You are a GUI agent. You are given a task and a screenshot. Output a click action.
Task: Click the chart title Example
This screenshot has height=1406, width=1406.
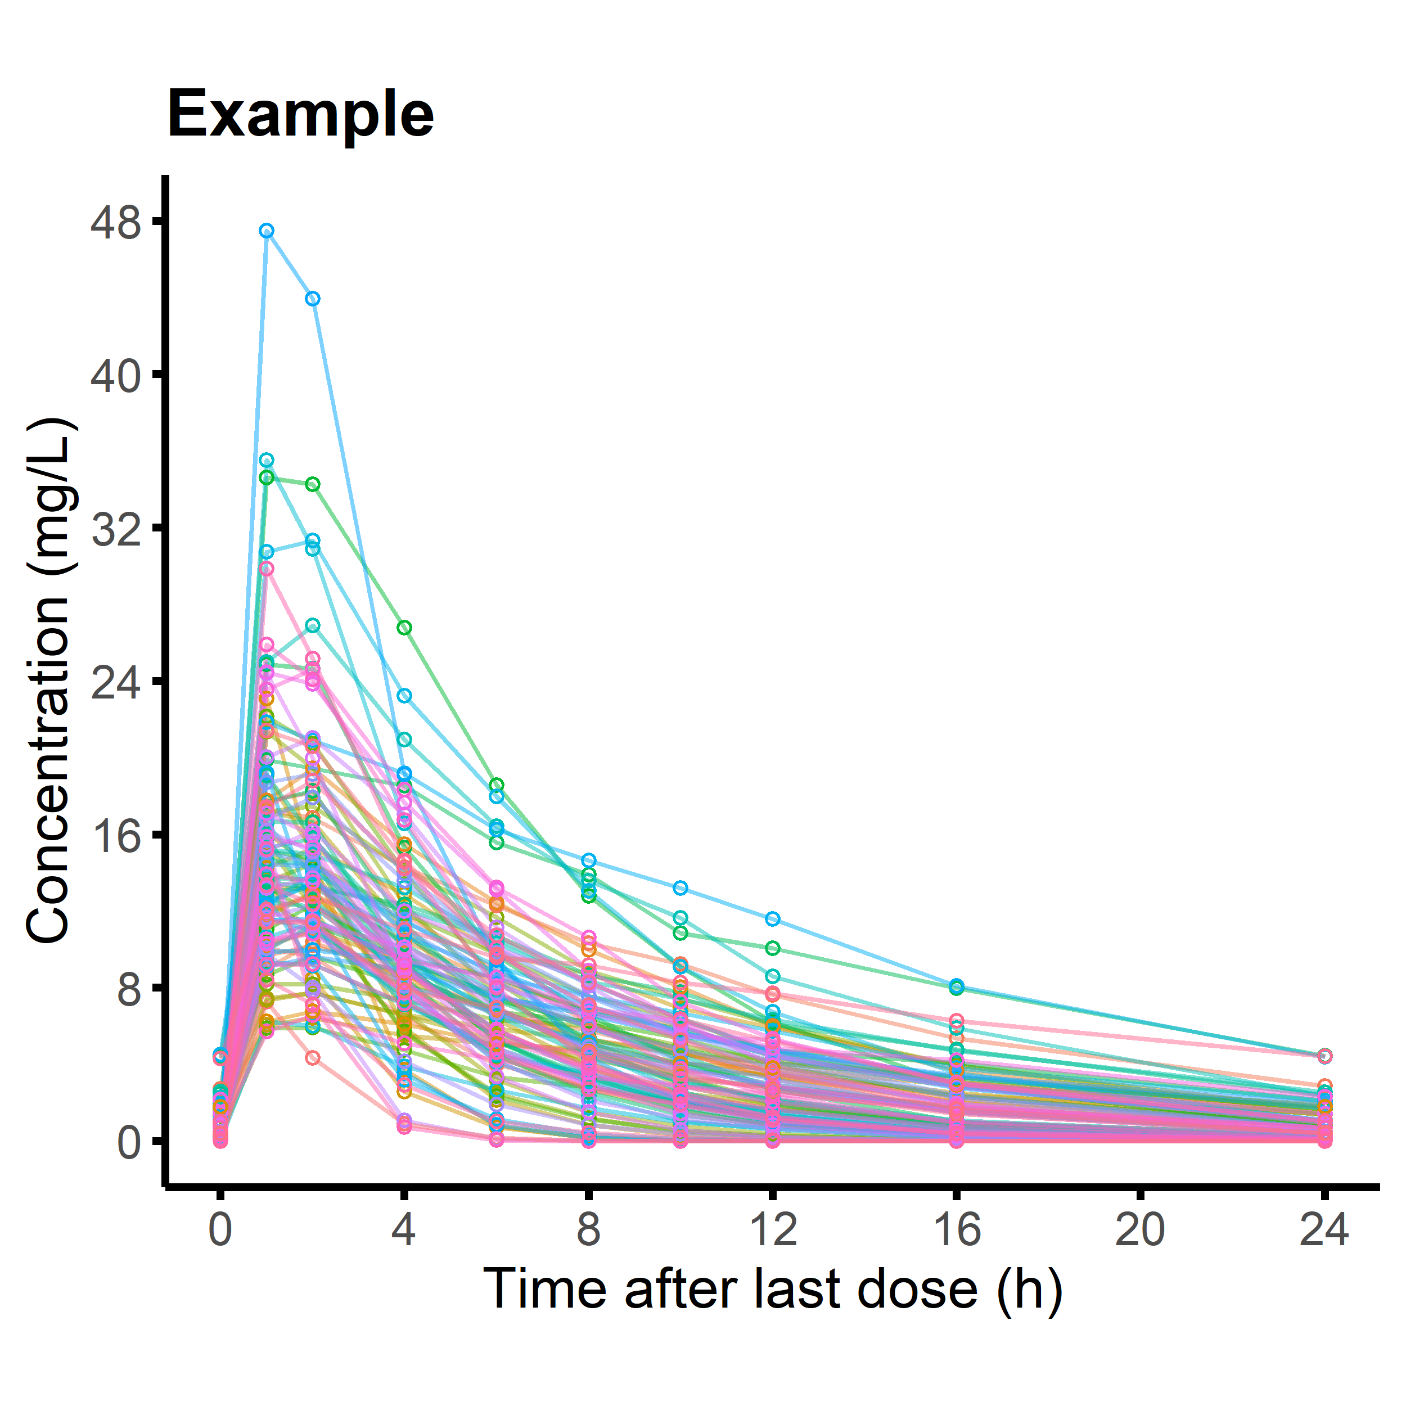tap(300, 114)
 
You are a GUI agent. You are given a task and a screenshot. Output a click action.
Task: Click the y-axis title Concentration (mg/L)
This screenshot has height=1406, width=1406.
tap(49, 681)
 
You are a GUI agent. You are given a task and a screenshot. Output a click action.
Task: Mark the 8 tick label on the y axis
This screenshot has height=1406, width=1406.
tap(128, 989)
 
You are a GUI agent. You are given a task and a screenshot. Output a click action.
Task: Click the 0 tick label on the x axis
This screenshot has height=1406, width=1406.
tap(220, 1229)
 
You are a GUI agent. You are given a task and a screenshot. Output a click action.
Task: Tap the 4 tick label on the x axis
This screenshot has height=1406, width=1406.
tap(404, 1229)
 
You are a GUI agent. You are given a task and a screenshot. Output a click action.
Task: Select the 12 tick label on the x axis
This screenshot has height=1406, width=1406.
tap(773, 1229)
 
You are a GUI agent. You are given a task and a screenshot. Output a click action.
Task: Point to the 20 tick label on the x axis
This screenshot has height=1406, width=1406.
tap(1141, 1229)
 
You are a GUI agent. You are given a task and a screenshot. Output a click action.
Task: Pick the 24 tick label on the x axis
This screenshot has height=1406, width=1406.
tap(1324, 1229)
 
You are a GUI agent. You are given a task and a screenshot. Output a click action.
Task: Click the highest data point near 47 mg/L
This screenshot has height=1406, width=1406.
tap(267, 231)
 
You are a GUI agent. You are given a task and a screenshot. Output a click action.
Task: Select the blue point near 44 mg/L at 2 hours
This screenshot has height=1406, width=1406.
tap(313, 299)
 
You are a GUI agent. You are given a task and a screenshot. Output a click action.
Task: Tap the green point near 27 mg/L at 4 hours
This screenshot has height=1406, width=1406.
tap(404, 627)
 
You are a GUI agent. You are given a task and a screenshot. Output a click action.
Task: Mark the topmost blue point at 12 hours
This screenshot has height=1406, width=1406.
tap(773, 919)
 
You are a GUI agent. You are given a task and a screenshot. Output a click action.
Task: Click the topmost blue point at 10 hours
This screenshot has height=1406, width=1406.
tap(681, 888)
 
